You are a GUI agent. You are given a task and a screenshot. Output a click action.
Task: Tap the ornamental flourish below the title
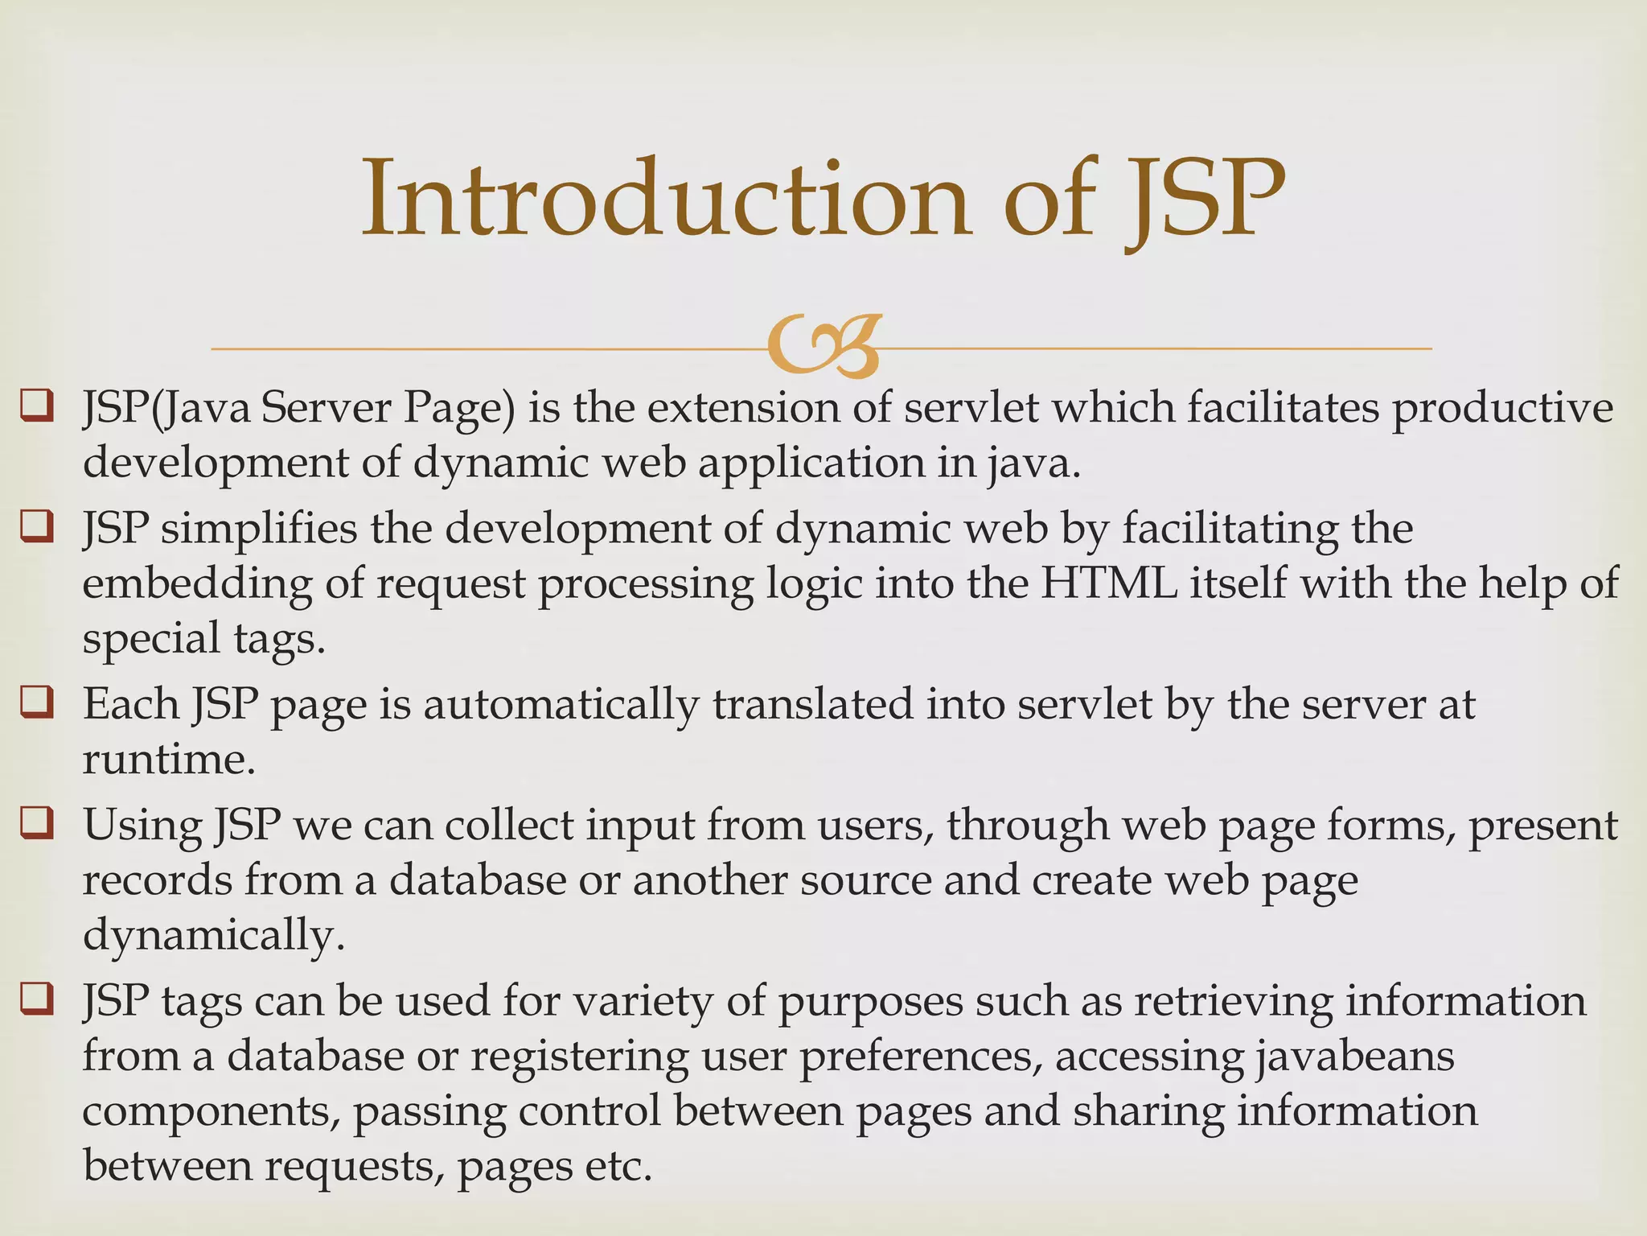click(824, 347)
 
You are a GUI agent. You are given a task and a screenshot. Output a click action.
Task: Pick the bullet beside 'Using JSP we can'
click(37, 823)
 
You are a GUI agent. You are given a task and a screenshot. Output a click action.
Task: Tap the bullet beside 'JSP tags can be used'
click(37, 999)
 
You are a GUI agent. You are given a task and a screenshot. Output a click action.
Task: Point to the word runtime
click(169, 759)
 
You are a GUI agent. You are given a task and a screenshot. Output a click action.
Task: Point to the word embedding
click(197, 583)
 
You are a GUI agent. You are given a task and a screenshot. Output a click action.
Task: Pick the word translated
click(812, 704)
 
